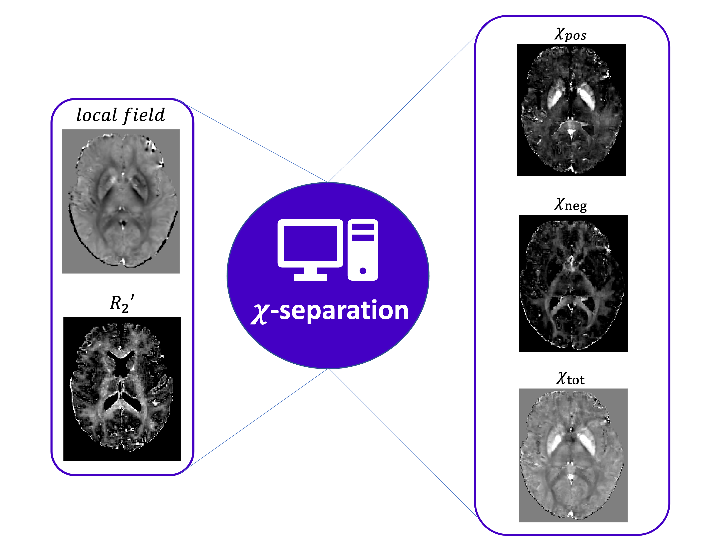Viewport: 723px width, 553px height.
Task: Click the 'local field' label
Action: click(x=121, y=115)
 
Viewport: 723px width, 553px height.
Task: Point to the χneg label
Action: click(x=570, y=205)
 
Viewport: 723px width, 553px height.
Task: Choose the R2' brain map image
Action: click(x=122, y=389)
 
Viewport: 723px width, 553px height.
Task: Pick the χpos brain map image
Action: click(x=571, y=110)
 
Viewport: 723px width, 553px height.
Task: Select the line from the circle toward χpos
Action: click(x=401, y=109)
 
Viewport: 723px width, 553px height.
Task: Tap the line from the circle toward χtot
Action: click(x=401, y=441)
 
